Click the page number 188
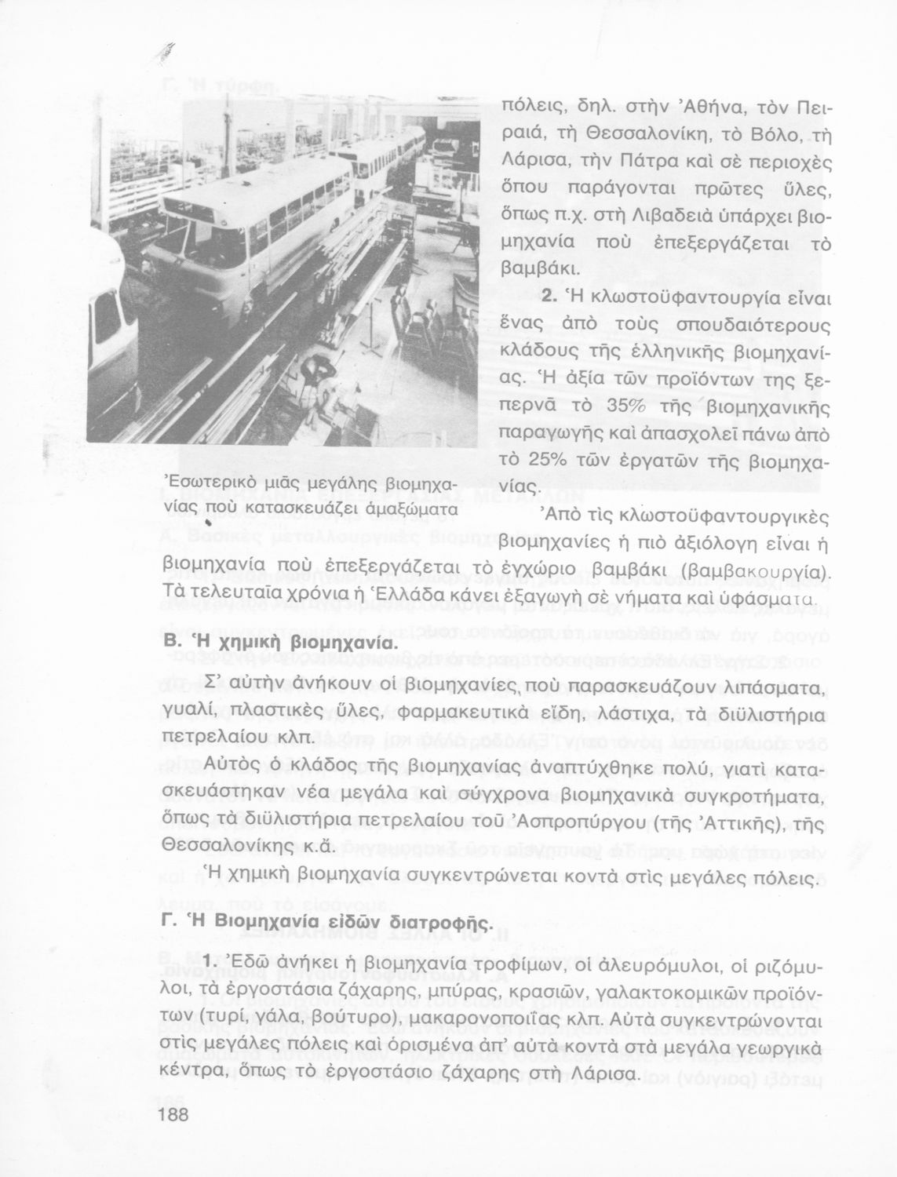point(177,1115)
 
